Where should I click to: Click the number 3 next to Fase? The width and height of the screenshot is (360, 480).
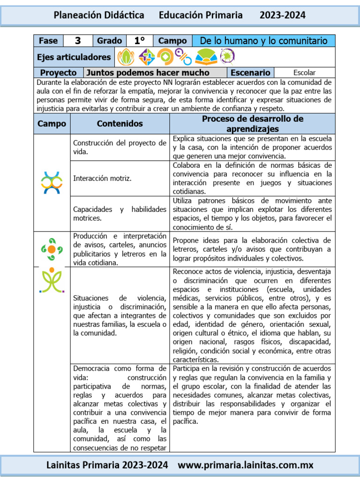pyautogui.click(x=78, y=41)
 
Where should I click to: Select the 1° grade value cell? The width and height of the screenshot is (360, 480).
pyautogui.click(x=139, y=41)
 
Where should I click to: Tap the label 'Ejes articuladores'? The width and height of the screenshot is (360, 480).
pyautogui.click(x=74, y=57)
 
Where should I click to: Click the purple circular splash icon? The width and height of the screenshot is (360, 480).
pyautogui.click(x=227, y=57)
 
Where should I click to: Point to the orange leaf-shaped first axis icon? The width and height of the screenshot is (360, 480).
pyautogui.click(x=126, y=57)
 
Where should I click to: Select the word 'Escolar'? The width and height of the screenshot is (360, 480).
pyautogui.click(x=304, y=73)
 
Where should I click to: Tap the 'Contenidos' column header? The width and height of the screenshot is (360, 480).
pyautogui.click(x=120, y=124)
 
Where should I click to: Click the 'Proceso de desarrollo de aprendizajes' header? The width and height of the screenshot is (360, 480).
pyautogui.click(x=252, y=124)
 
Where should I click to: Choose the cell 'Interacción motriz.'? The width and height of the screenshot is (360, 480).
pyautogui.click(x=102, y=179)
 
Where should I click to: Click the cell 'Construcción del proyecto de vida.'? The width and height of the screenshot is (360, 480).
pyautogui.click(x=120, y=148)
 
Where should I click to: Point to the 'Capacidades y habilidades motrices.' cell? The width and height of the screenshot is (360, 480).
pyautogui.click(x=120, y=214)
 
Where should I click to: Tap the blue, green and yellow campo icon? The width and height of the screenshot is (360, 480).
pyautogui.click(x=52, y=183)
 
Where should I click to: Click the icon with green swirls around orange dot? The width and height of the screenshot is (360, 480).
pyautogui.click(x=52, y=249)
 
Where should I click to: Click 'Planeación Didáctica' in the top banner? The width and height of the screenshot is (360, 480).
pyautogui.click(x=99, y=15)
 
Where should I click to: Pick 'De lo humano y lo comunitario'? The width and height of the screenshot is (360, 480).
pyautogui.click(x=263, y=41)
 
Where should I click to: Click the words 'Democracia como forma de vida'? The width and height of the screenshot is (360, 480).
pyautogui.click(x=120, y=373)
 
